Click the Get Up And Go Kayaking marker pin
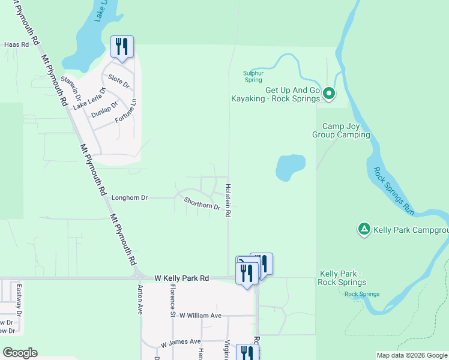(328, 93)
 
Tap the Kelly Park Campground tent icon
(364, 229)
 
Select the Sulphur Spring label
(253, 76)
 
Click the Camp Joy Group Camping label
(341, 130)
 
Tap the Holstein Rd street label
(228, 198)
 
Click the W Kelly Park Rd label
(181, 278)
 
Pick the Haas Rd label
(17, 44)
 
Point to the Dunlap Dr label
(106, 109)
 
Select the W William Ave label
(200, 315)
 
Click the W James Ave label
(181, 342)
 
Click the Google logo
(20, 353)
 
